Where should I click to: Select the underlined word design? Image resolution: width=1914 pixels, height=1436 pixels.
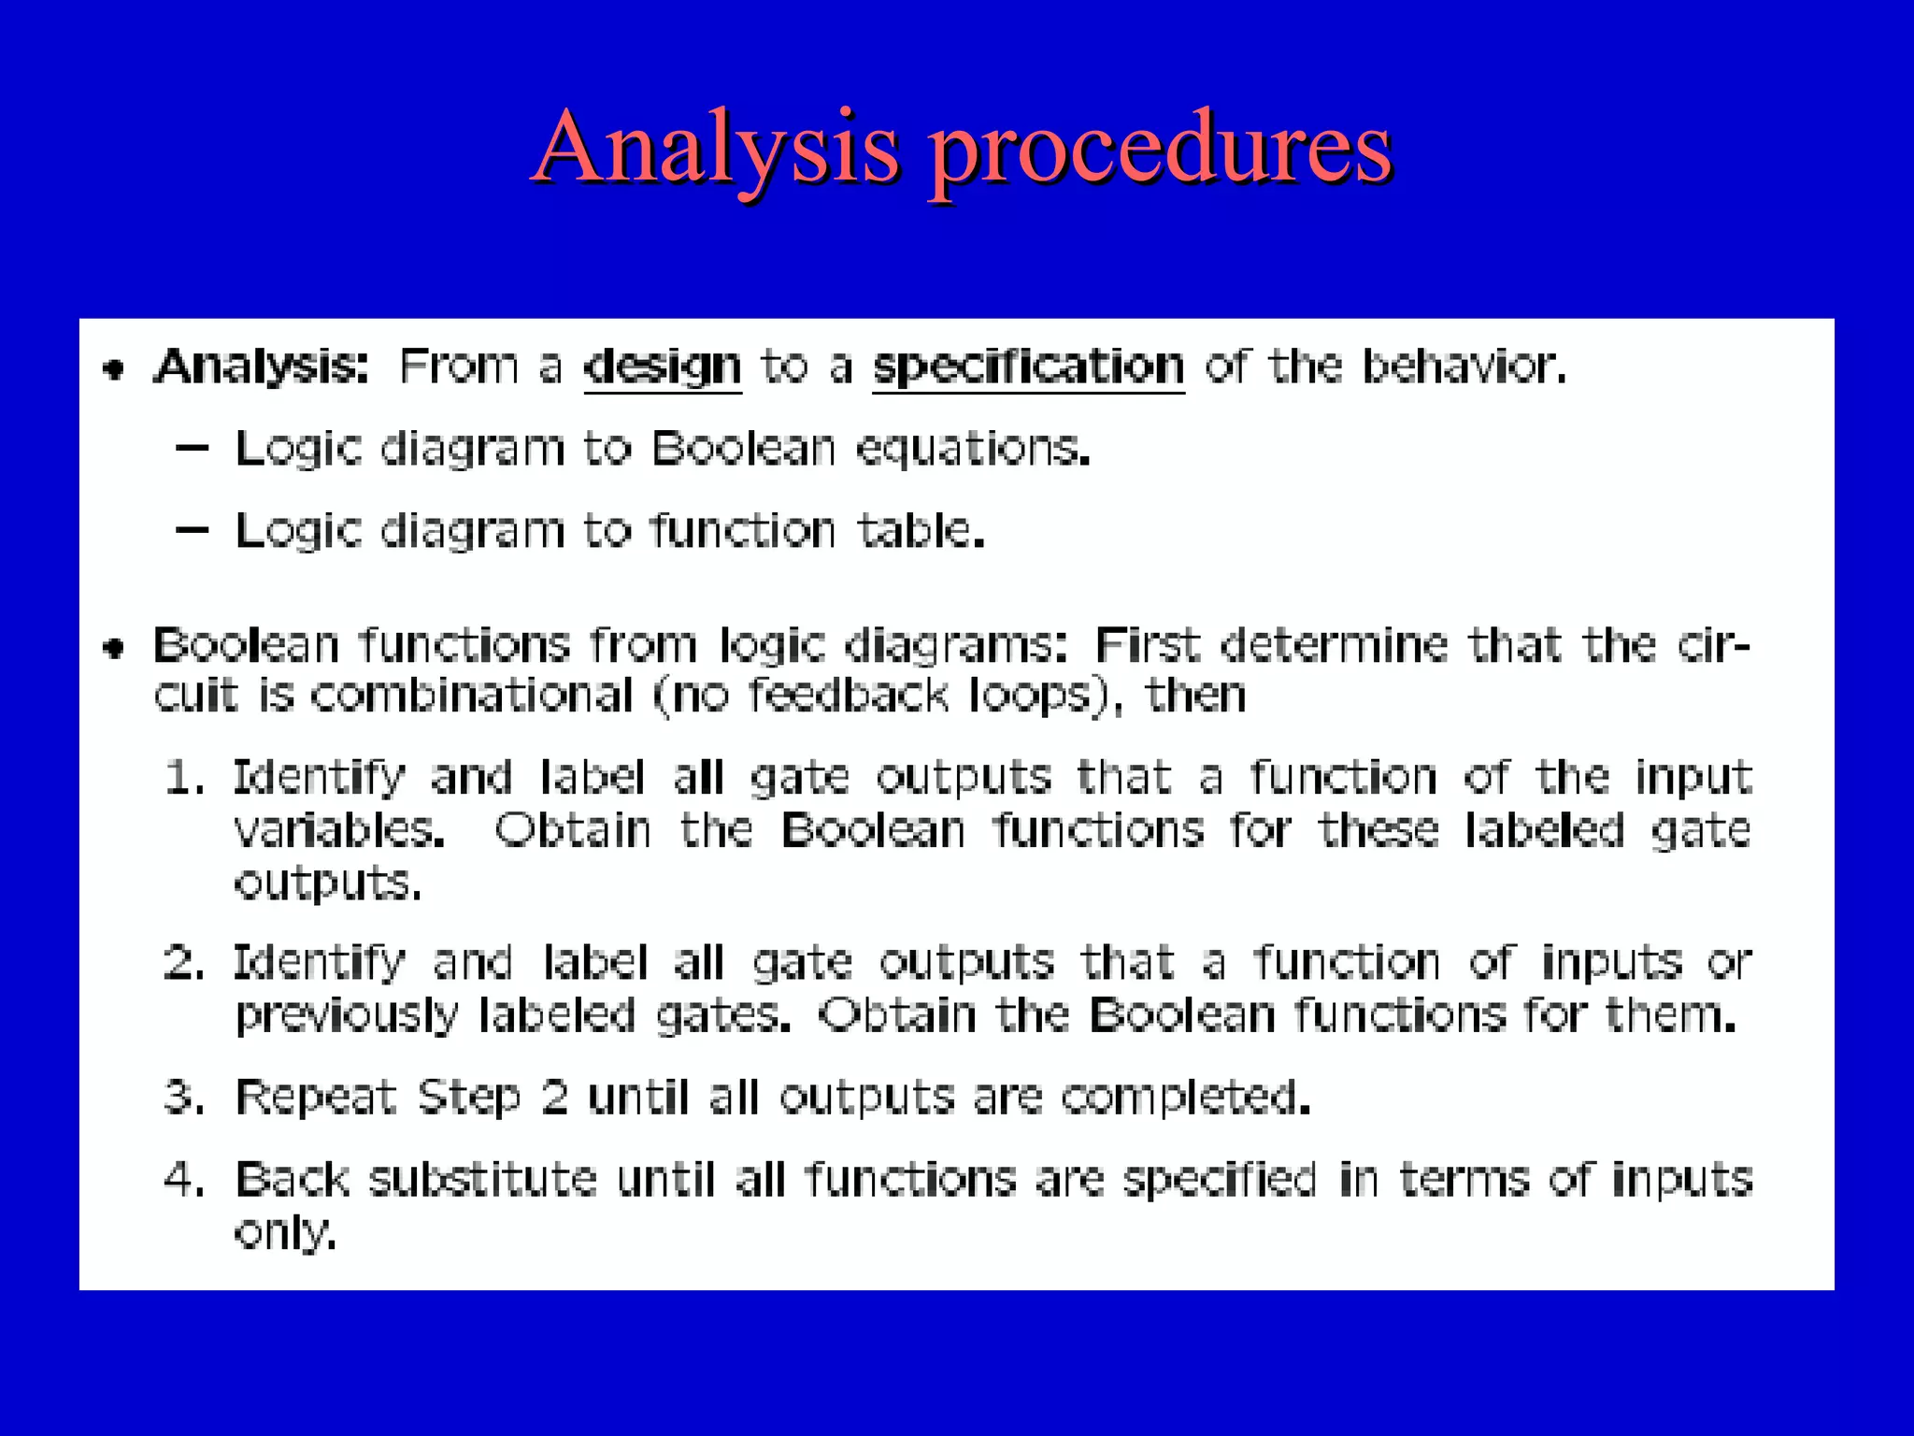click(663, 366)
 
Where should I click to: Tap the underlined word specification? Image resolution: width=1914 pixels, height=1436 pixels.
click(1028, 366)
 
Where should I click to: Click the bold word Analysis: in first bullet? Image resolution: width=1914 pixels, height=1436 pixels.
click(262, 366)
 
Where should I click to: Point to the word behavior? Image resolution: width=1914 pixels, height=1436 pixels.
click(1463, 366)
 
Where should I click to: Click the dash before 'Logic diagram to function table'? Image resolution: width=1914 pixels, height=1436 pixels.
click(192, 530)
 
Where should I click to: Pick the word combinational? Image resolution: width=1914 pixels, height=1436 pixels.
click(472, 696)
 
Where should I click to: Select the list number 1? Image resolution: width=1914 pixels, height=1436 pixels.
click(183, 778)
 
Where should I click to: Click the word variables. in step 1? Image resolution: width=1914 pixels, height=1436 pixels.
click(338, 830)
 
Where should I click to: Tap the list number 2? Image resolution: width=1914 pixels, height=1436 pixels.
click(183, 963)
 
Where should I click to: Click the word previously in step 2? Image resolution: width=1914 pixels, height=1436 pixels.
click(347, 1015)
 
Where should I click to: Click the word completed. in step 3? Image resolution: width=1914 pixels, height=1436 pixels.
click(1185, 1097)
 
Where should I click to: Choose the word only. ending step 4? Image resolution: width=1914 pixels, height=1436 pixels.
click(284, 1232)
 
